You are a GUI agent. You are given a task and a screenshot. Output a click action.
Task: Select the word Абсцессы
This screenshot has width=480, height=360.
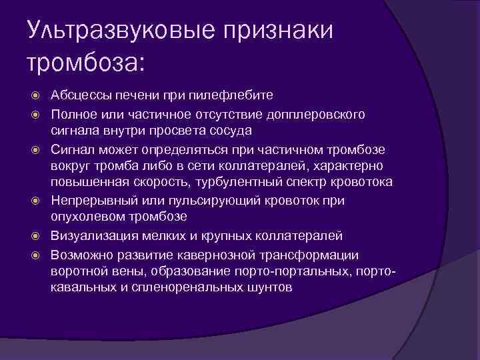click(x=84, y=95)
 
